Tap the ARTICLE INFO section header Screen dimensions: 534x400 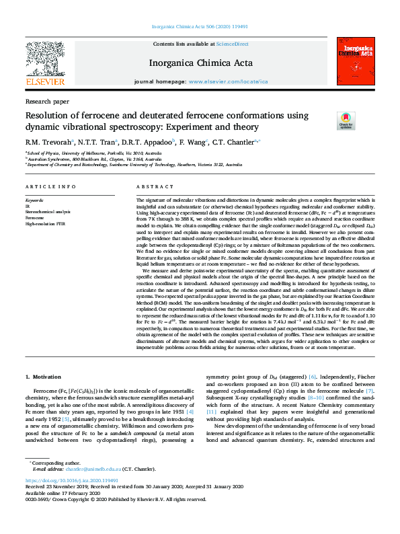point(50,186)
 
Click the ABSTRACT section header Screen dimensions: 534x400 point(151,186)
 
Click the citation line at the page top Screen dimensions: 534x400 point(200,26)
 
